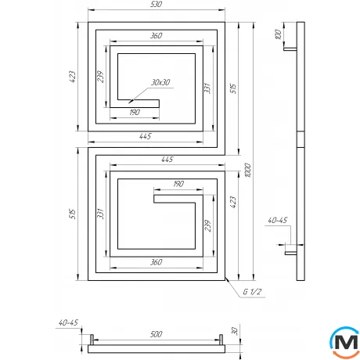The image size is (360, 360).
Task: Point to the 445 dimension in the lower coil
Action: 165,160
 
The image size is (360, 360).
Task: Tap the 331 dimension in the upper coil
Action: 207,88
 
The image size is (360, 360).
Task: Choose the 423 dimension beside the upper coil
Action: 72,77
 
